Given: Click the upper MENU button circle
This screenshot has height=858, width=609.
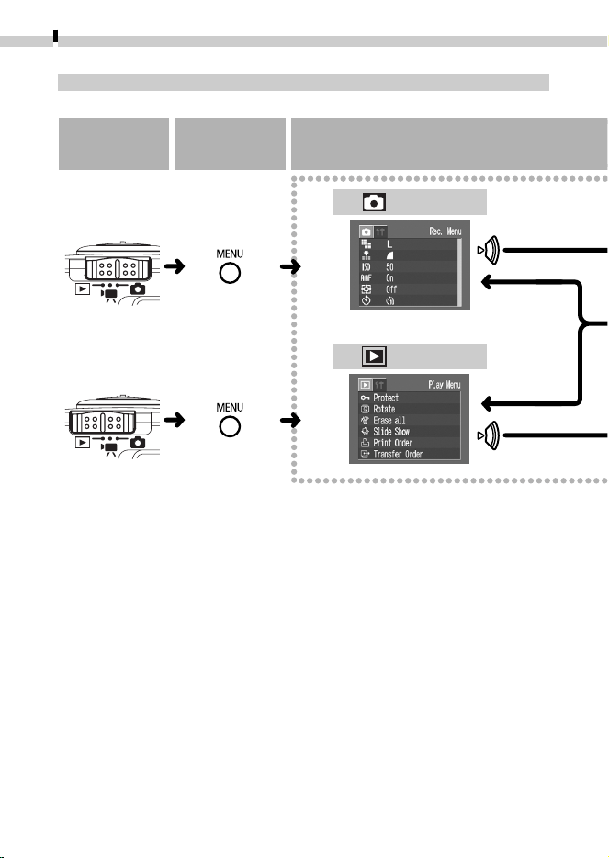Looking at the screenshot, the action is (230, 273).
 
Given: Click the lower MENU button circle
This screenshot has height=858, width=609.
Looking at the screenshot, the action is (230, 427).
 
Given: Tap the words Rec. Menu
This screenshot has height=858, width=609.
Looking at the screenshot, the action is (445, 231).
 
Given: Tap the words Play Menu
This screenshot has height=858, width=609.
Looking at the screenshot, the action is (445, 385).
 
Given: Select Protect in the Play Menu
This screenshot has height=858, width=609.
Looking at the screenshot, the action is (386, 398).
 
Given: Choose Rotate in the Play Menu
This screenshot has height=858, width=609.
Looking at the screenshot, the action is (384, 409).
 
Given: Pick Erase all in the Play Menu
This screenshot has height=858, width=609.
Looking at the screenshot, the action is (389, 420).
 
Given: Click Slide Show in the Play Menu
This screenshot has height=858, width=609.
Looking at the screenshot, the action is (391, 431).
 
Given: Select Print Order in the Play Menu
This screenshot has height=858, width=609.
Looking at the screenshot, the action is (392, 443).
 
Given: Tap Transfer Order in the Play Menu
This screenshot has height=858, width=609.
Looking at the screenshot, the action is (398, 454).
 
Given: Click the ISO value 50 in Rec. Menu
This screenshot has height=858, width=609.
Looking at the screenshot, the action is (389, 267).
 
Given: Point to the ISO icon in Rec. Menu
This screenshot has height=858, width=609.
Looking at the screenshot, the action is (367, 267).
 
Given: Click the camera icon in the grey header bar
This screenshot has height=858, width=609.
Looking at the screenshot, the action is (374, 202).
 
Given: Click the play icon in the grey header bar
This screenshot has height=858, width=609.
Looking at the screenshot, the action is (374, 356).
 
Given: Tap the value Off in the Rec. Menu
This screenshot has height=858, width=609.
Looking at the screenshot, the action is (391, 289).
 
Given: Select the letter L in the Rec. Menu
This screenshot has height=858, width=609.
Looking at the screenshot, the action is (389, 244).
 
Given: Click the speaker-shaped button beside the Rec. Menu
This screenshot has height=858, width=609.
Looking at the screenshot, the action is (490, 250).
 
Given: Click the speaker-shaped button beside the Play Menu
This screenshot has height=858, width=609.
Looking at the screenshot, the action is (490, 435).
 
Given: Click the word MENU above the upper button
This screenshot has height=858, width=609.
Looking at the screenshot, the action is (230, 254).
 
